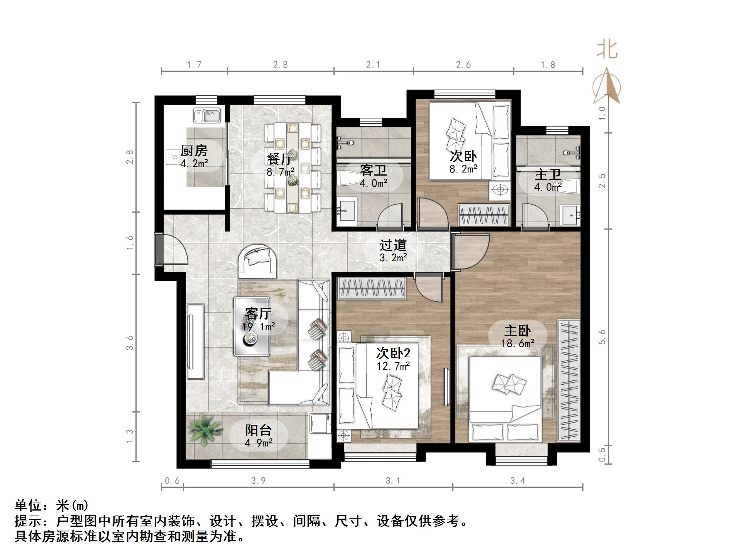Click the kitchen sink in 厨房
coord(207,115)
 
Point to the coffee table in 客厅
coord(251,326)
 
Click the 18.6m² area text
coord(517,343)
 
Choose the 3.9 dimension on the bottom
coord(258,481)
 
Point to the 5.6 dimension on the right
coord(602,337)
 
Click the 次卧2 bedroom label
coord(393,353)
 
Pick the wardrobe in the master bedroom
coord(569,380)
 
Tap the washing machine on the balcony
coord(321,424)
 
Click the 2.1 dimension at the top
coord(373,65)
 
